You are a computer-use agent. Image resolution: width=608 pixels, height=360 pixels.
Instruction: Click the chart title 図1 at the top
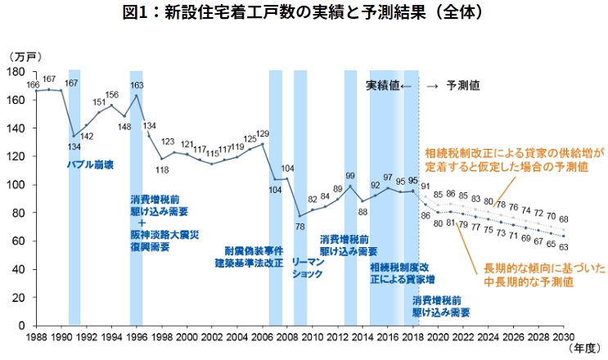[x=303, y=13]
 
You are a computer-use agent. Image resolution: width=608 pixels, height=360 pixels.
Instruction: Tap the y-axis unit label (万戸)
[x=24, y=56]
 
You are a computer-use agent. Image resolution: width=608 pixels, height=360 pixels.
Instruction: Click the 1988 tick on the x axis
[x=36, y=335]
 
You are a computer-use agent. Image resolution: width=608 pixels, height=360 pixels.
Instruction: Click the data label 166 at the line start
[x=33, y=83]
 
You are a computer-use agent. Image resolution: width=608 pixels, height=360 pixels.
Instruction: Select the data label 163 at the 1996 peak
[x=137, y=85]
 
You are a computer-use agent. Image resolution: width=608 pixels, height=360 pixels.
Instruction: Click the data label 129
[x=263, y=133]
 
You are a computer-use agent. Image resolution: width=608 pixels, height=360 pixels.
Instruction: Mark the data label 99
[x=350, y=175]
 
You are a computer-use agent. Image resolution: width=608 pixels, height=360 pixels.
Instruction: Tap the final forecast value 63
[x=564, y=245]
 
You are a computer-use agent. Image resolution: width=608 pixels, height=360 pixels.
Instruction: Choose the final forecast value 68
[x=564, y=219]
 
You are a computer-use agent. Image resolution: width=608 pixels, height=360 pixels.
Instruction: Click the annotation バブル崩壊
[x=90, y=164]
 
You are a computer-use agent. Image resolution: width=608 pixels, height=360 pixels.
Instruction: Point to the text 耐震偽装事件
[x=254, y=250]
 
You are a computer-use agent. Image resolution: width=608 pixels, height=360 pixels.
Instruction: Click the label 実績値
[x=381, y=84]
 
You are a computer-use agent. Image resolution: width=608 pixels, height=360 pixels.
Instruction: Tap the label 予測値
[x=463, y=84]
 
